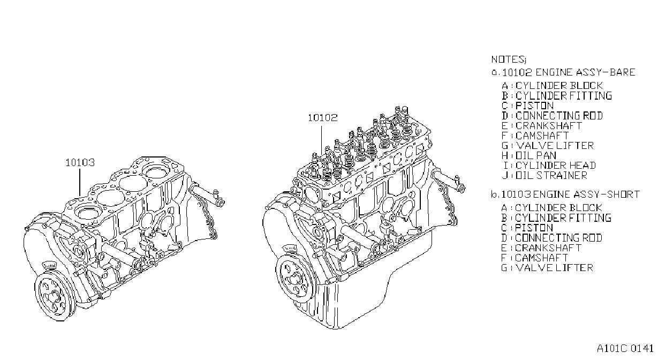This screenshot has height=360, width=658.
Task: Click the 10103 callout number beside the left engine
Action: click(x=80, y=162)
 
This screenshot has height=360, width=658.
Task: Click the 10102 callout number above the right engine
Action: click(x=322, y=118)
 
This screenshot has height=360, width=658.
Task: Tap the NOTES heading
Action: click(x=509, y=59)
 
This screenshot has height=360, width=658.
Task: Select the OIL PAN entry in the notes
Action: click(x=536, y=155)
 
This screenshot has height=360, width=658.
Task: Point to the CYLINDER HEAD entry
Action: click(x=556, y=166)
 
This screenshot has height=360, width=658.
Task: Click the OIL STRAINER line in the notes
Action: click(x=551, y=175)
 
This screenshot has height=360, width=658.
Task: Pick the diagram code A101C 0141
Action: click(x=625, y=348)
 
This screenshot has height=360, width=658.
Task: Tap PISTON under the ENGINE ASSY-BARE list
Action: click(x=535, y=106)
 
